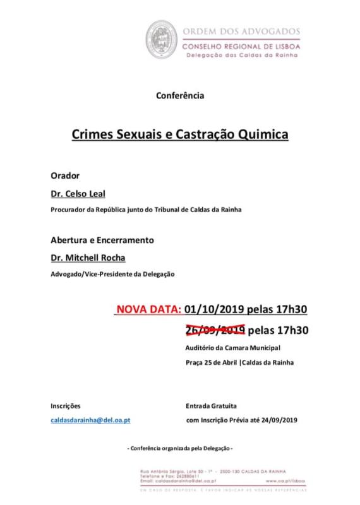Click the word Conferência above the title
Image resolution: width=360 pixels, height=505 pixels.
click(x=179, y=96)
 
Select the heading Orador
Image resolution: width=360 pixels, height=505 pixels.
click(x=64, y=174)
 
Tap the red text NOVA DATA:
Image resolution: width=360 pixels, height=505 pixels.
click(x=148, y=309)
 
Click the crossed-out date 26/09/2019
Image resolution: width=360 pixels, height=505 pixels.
click(x=214, y=330)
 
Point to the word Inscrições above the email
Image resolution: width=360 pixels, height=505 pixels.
click(x=66, y=405)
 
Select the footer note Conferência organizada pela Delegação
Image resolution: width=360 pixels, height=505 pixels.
click(x=180, y=448)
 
